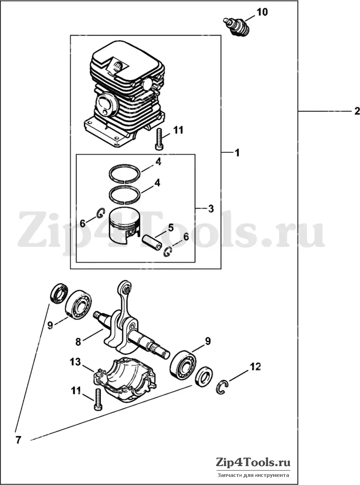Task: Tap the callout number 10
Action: coord(261,12)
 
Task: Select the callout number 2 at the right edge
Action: coord(357,111)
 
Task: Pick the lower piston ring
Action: coord(125,195)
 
